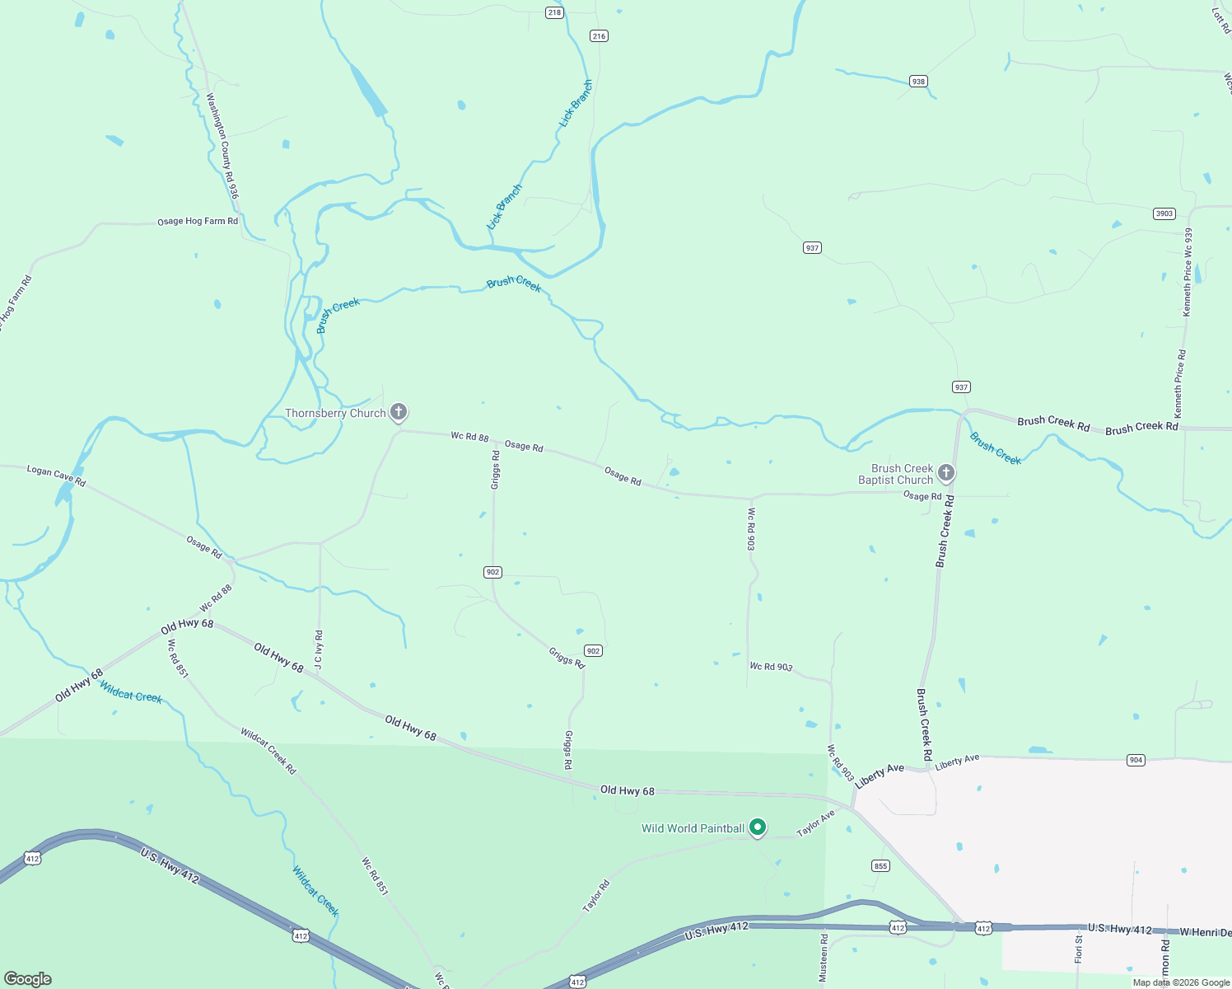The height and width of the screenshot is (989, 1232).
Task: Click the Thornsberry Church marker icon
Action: coord(399,412)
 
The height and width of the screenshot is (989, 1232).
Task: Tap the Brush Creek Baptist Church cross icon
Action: coord(946,473)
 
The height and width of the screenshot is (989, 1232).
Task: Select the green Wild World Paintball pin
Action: coord(758,827)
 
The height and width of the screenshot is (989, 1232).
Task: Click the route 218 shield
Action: coord(554,12)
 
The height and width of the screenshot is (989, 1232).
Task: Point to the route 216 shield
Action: coord(599,35)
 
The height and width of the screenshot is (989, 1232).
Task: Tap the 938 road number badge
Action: coord(918,81)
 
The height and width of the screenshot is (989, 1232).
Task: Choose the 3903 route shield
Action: coord(1164,213)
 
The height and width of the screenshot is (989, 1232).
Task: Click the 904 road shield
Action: coord(1136,760)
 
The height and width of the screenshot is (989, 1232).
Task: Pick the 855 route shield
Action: coord(880,865)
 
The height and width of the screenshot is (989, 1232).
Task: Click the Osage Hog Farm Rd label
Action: coord(198,222)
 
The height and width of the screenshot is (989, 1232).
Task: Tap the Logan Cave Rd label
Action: coord(56,476)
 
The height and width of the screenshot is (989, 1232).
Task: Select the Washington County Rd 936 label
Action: coord(222,146)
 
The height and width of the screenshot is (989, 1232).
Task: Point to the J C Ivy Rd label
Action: coord(320,651)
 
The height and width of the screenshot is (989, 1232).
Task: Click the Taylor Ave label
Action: coord(816,823)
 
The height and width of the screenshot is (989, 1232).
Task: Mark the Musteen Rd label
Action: coord(824,957)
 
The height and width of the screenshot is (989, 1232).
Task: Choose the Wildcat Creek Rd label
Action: coord(268,751)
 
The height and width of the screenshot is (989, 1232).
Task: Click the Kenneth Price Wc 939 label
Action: coord(1188,272)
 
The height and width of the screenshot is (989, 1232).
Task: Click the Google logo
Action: coord(28,979)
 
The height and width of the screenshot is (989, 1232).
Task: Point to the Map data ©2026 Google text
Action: coord(1181,982)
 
